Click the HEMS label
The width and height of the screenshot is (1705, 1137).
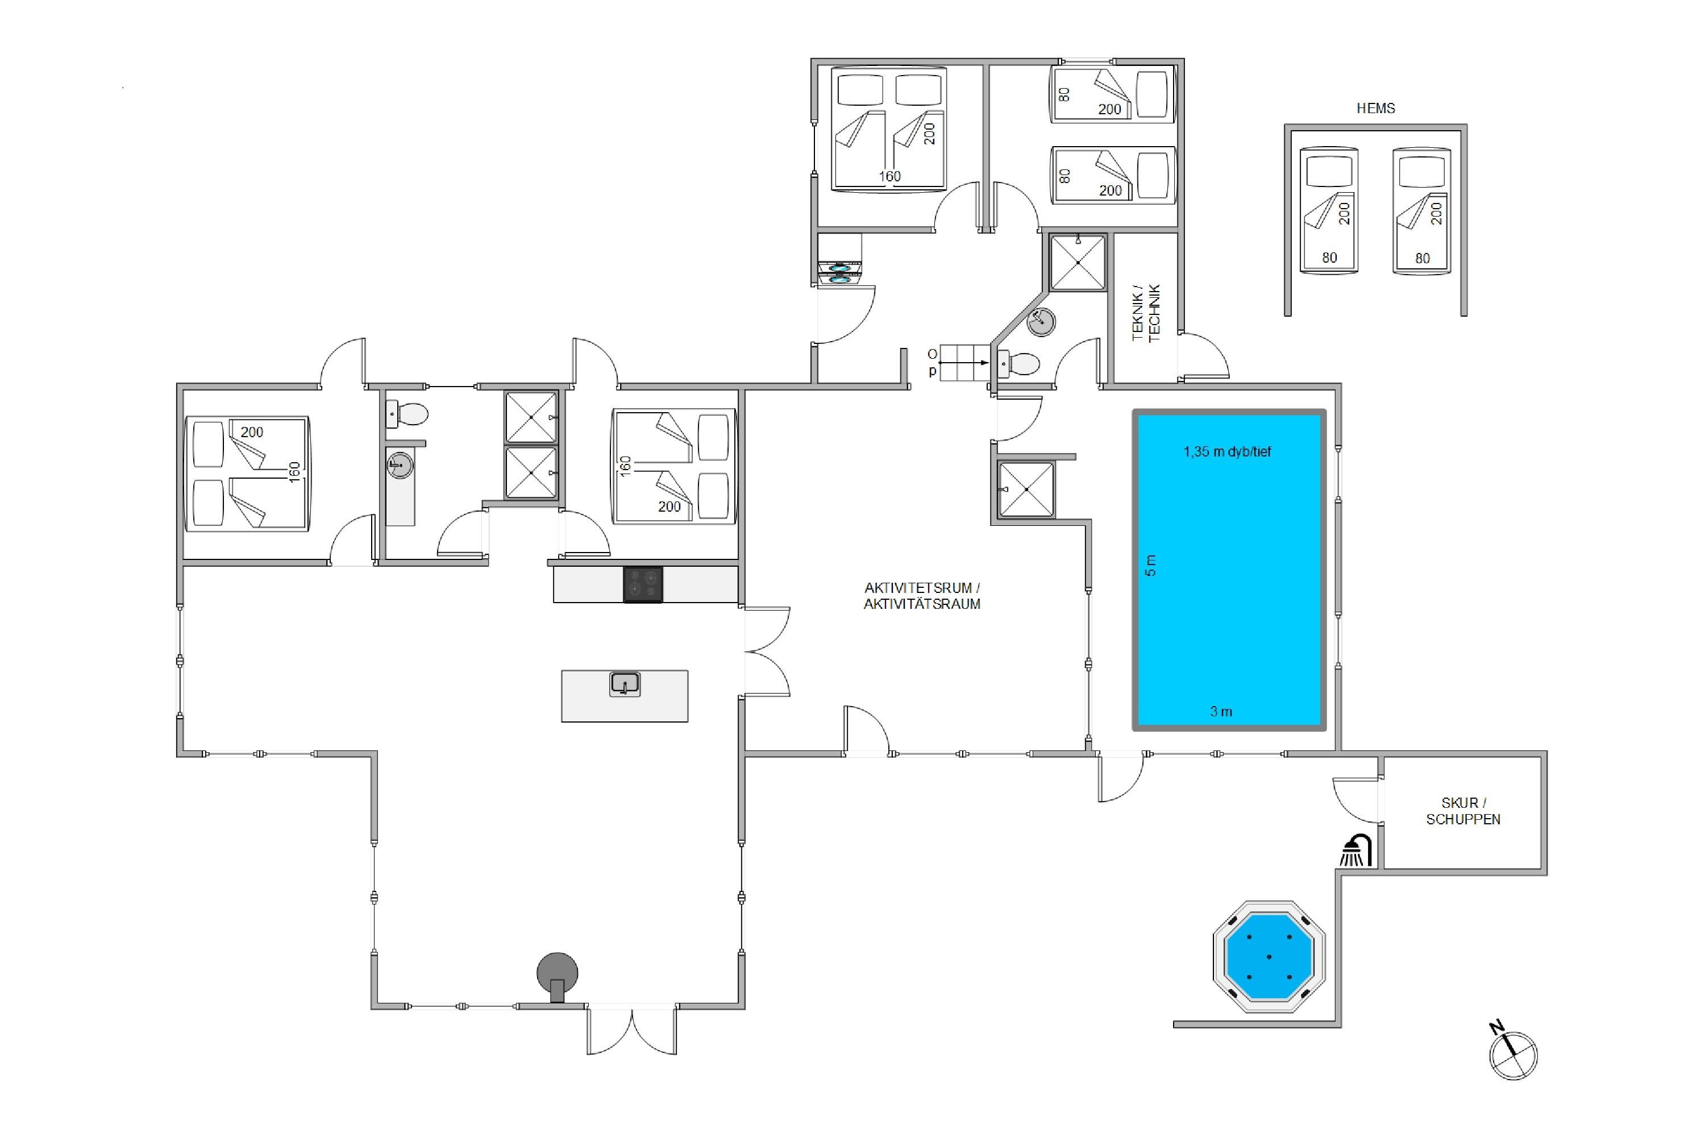click(1375, 108)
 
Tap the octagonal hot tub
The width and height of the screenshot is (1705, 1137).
click(1269, 956)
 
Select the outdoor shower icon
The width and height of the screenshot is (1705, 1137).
click(1355, 850)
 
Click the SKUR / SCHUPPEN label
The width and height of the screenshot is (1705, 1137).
click(1463, 811)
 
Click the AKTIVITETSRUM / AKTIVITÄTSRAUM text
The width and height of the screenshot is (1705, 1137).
click(922, 596)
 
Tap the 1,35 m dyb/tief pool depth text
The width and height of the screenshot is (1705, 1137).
click(1227, 452)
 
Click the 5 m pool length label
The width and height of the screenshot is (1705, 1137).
click(1150, 565)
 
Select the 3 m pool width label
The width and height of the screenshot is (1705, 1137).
click(1221, 711)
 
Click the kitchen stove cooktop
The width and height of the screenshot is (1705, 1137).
click(643, 584)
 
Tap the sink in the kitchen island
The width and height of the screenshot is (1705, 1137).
click(625, 684)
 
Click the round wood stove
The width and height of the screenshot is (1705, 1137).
click(558, 976)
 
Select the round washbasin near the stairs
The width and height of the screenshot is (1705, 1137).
click(1041, 322)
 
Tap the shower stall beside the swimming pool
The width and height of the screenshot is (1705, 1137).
click(1026, 489)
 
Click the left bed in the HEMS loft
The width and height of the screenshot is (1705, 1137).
click(1329, 210)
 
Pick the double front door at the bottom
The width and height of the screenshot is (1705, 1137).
click(631, 1030)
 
